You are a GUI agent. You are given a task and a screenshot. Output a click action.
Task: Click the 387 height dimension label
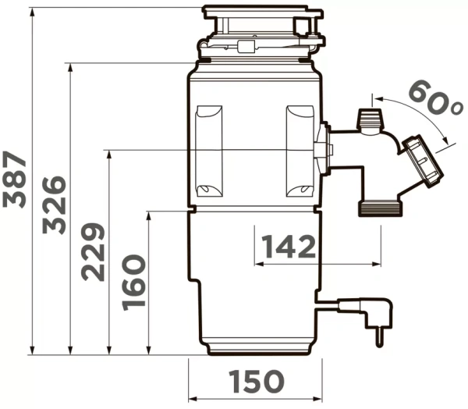[x=15, y=180]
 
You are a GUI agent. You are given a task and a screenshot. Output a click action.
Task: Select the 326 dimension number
[x=54, y=204]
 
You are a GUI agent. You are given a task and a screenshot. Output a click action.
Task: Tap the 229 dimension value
[x=93, y=252]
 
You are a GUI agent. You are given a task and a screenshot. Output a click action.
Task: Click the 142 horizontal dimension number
[x=289, y=247]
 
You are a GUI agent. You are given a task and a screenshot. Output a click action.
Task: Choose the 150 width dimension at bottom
[x=256, y=382]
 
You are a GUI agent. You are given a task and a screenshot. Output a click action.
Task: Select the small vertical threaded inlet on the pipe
[x=367, y=120]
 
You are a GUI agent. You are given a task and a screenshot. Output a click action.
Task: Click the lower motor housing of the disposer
[x=254, y=281]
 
